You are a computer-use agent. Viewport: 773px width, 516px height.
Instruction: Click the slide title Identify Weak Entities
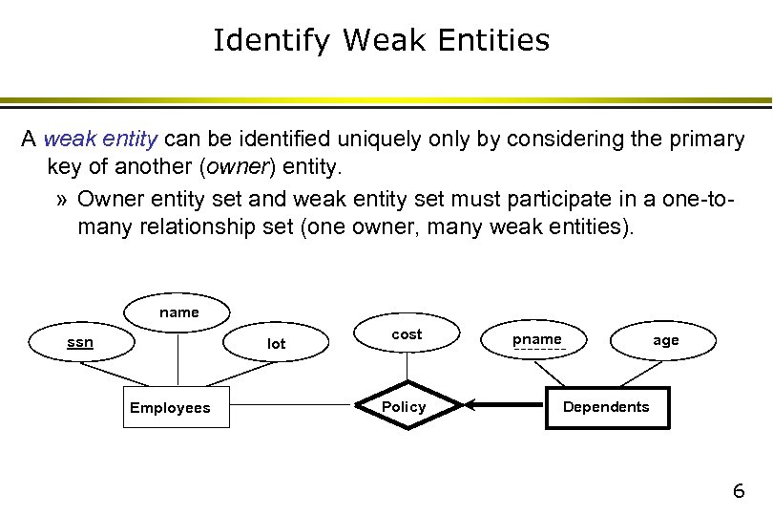click(x=381, y=40)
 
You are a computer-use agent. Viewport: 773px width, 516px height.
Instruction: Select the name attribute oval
click(x=178, y=312)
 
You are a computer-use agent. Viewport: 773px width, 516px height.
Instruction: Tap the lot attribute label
click(x=276, y=344)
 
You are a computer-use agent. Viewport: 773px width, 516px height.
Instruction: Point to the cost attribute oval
click(x=407, y=334)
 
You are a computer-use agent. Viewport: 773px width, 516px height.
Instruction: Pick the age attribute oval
click(x=665, y=340)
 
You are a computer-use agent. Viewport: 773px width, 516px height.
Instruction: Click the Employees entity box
click(x=170, y=408)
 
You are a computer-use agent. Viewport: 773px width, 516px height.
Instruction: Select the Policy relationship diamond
click(x=405, y=407)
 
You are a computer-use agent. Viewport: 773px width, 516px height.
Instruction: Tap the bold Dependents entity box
click(x=606, y=407)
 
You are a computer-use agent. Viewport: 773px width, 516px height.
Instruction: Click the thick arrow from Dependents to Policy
click(x=506, y=407)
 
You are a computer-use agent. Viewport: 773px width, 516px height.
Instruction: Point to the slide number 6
click(x=738, y=491)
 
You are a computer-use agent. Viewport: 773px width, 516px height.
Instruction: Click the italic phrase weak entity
click(x=100, y=140)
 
